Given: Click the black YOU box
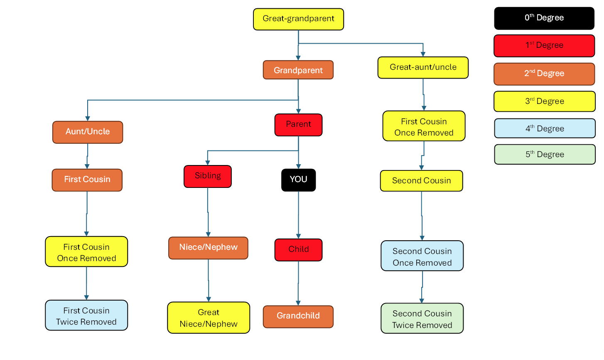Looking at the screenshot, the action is coord(298,180).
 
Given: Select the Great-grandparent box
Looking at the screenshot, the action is coord(298,19).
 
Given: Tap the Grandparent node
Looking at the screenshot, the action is coord(298,70).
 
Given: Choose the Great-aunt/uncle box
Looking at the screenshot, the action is coord(423,67).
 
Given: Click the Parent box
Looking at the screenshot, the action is coord(298,125).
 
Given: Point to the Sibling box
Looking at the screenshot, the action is coord(208,176).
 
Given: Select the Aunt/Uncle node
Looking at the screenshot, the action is coord(88,132).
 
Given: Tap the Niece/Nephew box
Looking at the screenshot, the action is coord(208,248).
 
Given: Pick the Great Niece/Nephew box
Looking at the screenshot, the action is coord(209,318).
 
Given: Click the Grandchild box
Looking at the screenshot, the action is coord(298,316).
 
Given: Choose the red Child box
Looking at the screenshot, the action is coord(298,250).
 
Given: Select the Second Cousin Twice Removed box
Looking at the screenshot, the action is coord(422,318).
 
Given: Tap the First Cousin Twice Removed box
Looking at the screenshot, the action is coord(86,315).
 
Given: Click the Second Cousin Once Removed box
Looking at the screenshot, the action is coord(422,256).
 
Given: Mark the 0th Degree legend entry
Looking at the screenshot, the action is coord(544,18).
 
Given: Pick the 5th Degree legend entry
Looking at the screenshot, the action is coord(545,154).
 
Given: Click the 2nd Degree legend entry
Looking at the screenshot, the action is coord(544,74).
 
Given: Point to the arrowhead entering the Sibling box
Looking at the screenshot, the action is coord(208,163).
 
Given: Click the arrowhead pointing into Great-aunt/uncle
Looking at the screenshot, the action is coord(423,54).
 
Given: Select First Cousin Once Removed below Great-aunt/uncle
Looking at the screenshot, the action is coord(424,126).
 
